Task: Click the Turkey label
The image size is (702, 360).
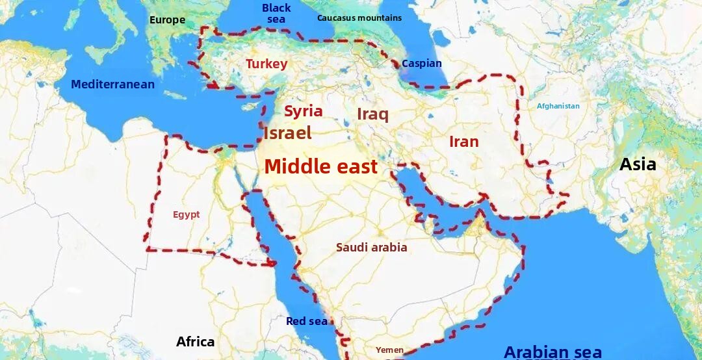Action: (x=266, y=64)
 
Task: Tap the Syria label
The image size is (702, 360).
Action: (x=304, y=111)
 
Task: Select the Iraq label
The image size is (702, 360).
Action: (x=372, y=114)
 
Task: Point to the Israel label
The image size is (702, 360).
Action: (x=287, y=133)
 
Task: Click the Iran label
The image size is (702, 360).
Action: (x=463, y=142)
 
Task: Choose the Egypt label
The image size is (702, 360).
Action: (x=187, y=214)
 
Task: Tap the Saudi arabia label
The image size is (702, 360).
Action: (x=371, y=247)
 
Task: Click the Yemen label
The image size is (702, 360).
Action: (x=389, y=350)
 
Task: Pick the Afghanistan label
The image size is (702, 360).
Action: (x=558, y=106)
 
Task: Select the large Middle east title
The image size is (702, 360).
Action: (x=320, y=166)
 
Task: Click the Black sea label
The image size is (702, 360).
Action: (x=276, y=13)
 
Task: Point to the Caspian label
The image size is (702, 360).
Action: (x=421, y=64)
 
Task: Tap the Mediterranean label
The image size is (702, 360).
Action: (x=112, y=84)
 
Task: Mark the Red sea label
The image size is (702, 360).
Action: (x=307, y=321)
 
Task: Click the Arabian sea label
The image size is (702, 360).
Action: (x=552, y=352)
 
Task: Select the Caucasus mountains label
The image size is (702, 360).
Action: (x=359, y=18)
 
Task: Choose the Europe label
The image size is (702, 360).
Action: (x=167, y=19)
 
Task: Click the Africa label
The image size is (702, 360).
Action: (x=195, y=341)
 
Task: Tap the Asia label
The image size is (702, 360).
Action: (x=637, y=164)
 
